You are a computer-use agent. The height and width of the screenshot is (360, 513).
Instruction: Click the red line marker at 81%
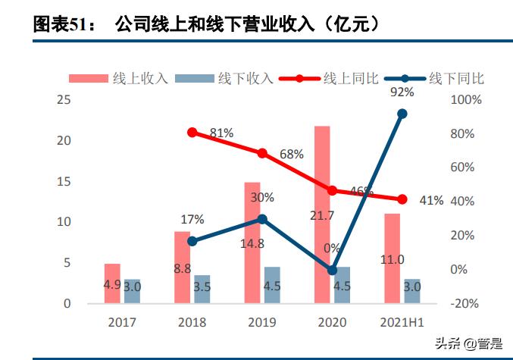[192, 133]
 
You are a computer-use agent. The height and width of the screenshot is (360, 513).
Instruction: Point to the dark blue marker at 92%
[402, 114]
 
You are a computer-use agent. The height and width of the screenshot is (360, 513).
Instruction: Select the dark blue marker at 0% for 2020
[332, 270]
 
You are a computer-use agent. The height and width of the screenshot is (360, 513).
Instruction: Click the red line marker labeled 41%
[402, 199]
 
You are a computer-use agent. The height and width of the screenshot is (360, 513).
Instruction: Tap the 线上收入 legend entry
[118, 78]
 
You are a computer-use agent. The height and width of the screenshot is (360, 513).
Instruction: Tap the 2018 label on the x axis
[192, 321]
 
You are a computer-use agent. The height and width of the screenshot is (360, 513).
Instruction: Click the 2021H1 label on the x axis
[402, 321]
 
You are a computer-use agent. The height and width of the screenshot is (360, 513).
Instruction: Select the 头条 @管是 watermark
[471, 343]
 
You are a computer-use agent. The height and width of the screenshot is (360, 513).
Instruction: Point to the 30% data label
[262, 197]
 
